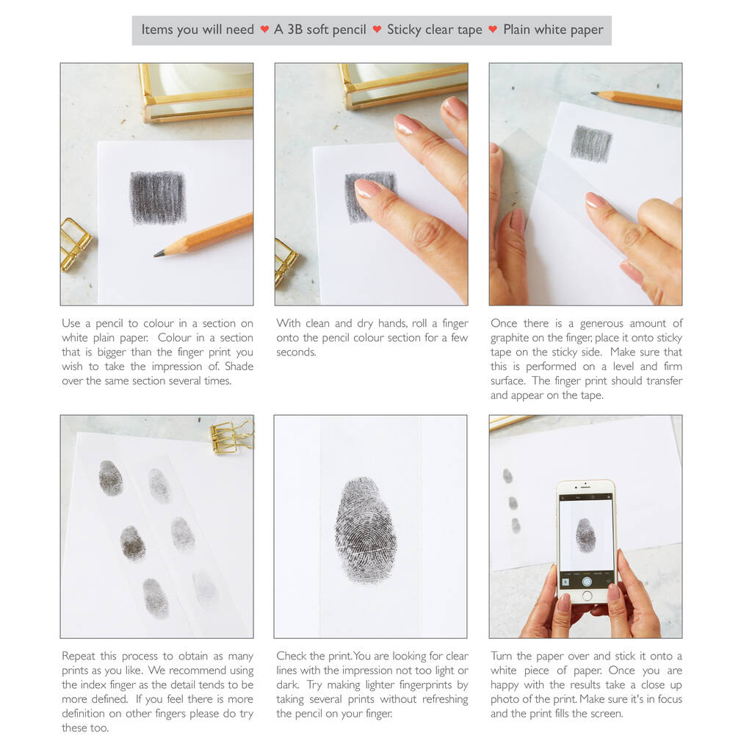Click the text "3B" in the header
click(x=294, y=29)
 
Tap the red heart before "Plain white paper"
click(x=493, y=29)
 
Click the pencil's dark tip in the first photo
click(x=159, y=253)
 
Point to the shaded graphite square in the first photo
click(x=158, y=198)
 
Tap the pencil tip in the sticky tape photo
click(x=594, y=93)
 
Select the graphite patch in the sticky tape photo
click(x=591, y=143)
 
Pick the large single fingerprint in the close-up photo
click(x=366, y=529)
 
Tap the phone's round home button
click(x=587, y=596)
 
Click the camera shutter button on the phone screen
click(x=587, y=582)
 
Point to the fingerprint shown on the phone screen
click(x=585, y=535)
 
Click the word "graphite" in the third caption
click(x=510, y=338)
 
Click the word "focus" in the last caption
click(x=667, y=699)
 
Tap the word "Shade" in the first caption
click(x=239, y=366)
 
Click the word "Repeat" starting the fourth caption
click(x=79, y=657)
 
